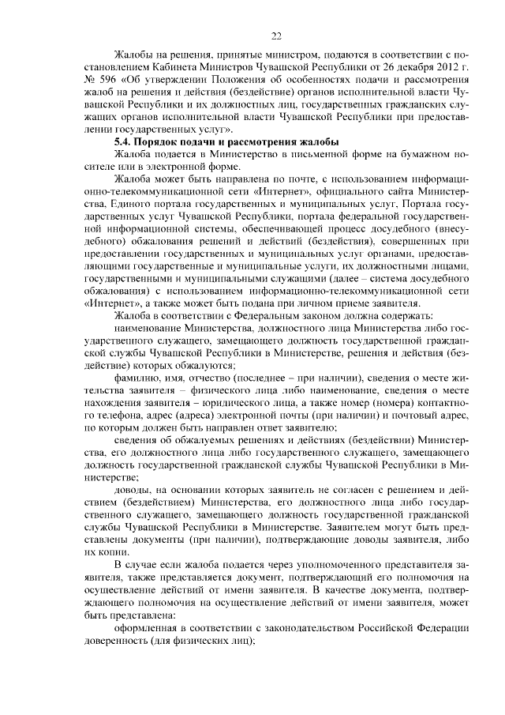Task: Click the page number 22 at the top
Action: [x=276, y=36]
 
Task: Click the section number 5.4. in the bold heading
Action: [x=126, y=141]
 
